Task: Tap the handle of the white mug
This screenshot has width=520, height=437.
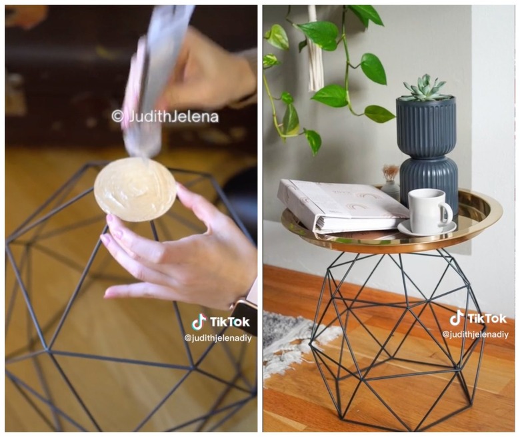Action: pos(447,214)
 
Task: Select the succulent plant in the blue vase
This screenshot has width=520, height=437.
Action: pos(425,88)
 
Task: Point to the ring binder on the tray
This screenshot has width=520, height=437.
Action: pos(341,205)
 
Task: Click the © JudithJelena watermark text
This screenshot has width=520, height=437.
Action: pos(165,117)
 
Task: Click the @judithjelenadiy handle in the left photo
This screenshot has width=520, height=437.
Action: pos(218,338)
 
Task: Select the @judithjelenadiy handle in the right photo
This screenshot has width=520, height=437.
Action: pos(475,334)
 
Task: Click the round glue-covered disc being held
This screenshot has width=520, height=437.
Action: pos(135,189)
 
